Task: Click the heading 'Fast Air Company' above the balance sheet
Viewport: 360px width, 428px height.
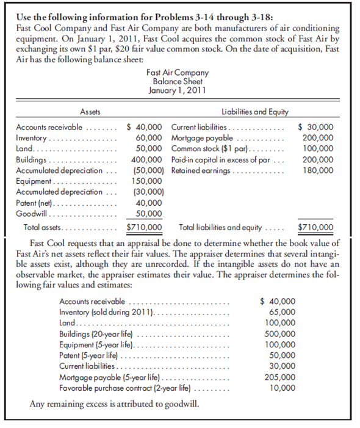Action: click(x=178, y=72)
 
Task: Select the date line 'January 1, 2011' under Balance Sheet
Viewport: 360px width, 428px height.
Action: click(x=178, y=90)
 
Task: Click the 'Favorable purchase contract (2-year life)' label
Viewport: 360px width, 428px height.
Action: click(x=125, y=388)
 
